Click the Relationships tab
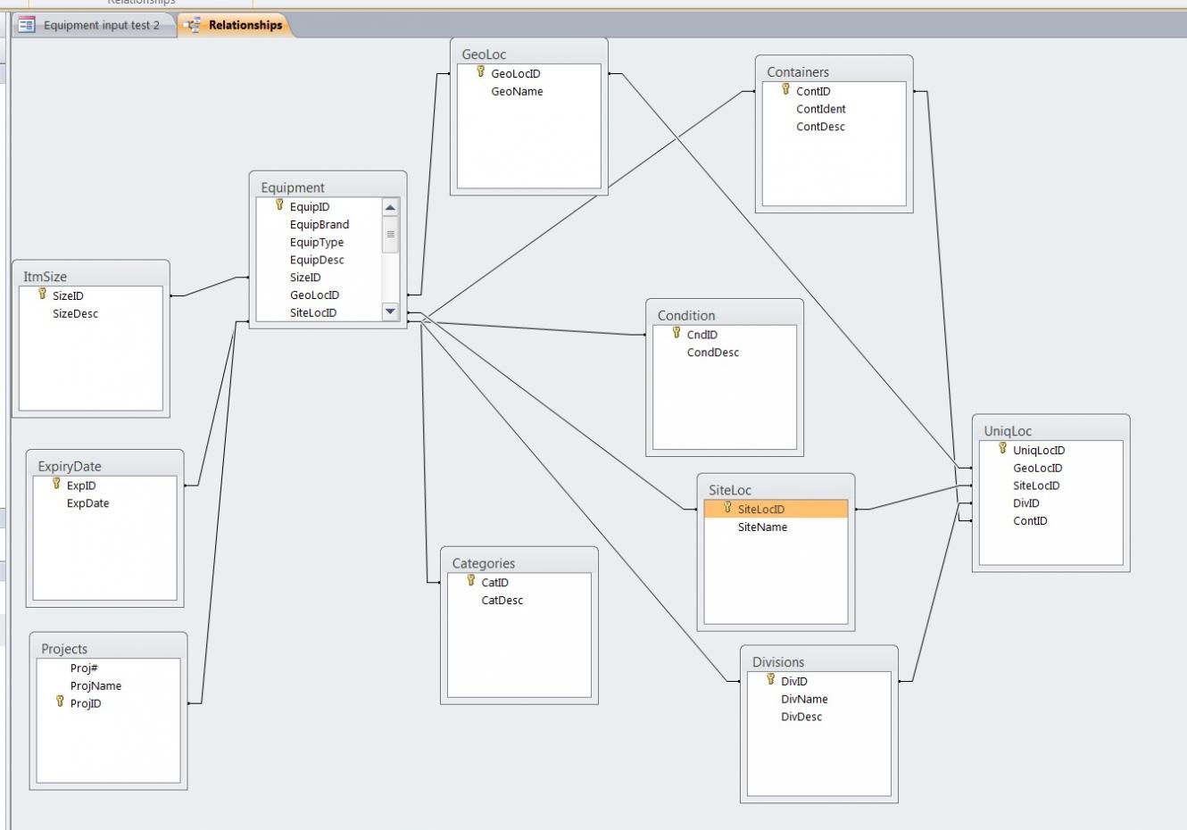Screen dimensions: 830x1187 245,25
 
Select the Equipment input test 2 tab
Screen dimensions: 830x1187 101,25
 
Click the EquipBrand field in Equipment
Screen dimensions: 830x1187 320,225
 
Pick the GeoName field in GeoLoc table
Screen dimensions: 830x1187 517,92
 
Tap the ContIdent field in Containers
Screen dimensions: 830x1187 821,109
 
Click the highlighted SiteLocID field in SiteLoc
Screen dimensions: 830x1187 761,510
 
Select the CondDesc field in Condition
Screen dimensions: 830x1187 713,353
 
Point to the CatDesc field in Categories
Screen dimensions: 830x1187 502,601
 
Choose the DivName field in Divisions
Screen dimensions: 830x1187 804,700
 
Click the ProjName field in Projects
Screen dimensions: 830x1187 95,686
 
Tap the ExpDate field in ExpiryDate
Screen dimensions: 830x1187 87,503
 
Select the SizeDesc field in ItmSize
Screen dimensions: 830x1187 75,314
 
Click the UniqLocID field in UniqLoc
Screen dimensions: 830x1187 1039,451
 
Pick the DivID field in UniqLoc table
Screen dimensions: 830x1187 1026,503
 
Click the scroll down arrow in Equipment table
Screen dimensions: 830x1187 390,311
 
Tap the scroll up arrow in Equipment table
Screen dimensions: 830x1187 390,208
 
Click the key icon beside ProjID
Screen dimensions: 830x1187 61,702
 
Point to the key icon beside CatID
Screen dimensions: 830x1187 471,581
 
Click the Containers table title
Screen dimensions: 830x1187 798,72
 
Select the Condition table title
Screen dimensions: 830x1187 686,316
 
